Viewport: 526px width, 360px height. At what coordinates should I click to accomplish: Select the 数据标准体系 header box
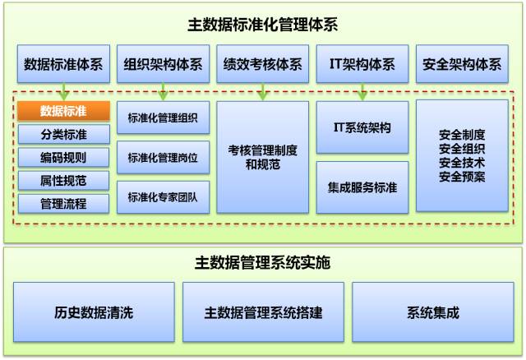63,63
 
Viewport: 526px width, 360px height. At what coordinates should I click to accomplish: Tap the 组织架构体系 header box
163,63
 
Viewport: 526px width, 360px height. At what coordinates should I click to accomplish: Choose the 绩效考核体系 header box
262,63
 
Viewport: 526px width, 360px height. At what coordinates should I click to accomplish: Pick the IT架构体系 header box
362,63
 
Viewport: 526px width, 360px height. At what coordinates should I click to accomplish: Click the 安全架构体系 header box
461,63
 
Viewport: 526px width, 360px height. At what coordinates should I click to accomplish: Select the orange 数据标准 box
63,110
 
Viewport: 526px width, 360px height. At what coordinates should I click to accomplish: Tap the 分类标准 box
63,133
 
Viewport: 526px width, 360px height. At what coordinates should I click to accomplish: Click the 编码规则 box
63,156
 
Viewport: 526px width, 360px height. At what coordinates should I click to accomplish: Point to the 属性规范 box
63,179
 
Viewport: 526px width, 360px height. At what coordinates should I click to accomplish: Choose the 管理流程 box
63,202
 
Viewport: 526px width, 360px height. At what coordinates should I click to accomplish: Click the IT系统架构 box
362,127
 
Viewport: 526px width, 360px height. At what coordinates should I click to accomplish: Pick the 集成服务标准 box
362,187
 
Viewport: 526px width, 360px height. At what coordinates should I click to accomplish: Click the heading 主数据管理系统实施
263,263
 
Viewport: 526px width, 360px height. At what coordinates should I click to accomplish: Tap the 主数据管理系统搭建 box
262,312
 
